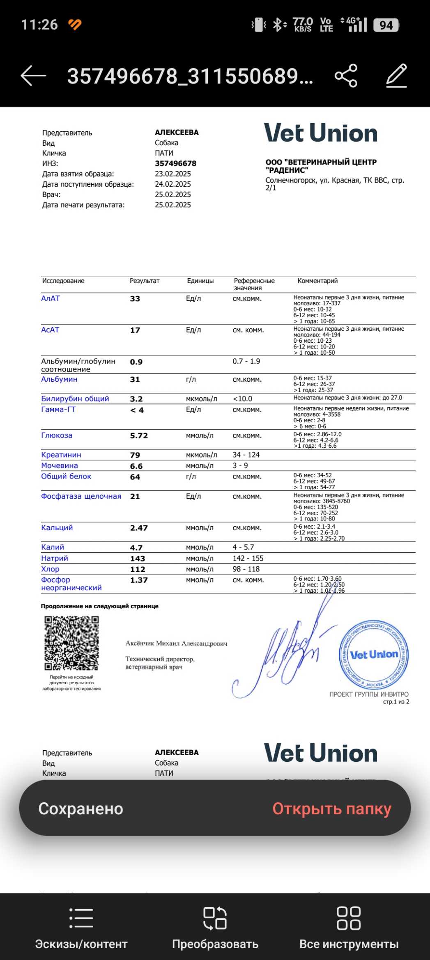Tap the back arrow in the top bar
[x=33, y=76]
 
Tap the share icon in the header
[x=346, y=76]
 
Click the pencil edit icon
[x=396, y=76]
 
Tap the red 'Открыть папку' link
[x=331, y=809]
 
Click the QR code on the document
[x=71, y=643]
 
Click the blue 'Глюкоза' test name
[x=57, y=435]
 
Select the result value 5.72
[x=139, y=436]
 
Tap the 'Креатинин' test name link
[x=61, y=455]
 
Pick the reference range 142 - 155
[x=248, y=558]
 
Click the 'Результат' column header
[x=145, y=281]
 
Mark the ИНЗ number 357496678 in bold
[x=175, y=163]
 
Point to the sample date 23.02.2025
[x=173, y=174]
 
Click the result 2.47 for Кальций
[x=139, y=528]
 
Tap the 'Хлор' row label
[x=50, y=569]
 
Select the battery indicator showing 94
[x=386, y=25]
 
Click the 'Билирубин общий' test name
[x=75, y=399]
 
